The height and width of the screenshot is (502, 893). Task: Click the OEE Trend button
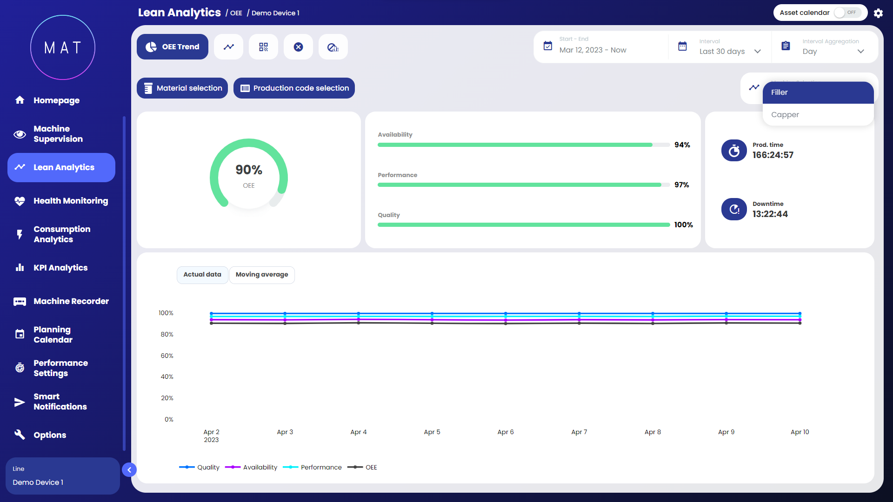[173, 47]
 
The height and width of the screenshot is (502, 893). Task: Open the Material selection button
[182, 88]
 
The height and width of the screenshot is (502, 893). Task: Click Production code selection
[294, 88]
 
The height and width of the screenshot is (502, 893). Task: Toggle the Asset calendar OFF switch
[847, 13]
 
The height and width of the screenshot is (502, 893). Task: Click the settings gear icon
[878, 13]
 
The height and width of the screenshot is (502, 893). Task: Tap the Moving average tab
[262, 275]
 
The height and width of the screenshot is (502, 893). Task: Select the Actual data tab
[202, 275]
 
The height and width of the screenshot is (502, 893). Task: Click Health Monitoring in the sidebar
[70, 201]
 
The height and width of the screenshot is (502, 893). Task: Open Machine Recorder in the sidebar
[71, 301]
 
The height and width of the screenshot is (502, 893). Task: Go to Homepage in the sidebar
[56, 100]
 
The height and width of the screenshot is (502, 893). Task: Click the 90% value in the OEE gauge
[249, 170]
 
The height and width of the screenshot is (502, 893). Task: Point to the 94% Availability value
[682, 145]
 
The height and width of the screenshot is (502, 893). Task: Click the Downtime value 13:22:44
[770, 214]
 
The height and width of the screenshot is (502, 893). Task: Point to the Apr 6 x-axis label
[506, 432]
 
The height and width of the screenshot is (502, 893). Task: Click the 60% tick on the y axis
[167, 356]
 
